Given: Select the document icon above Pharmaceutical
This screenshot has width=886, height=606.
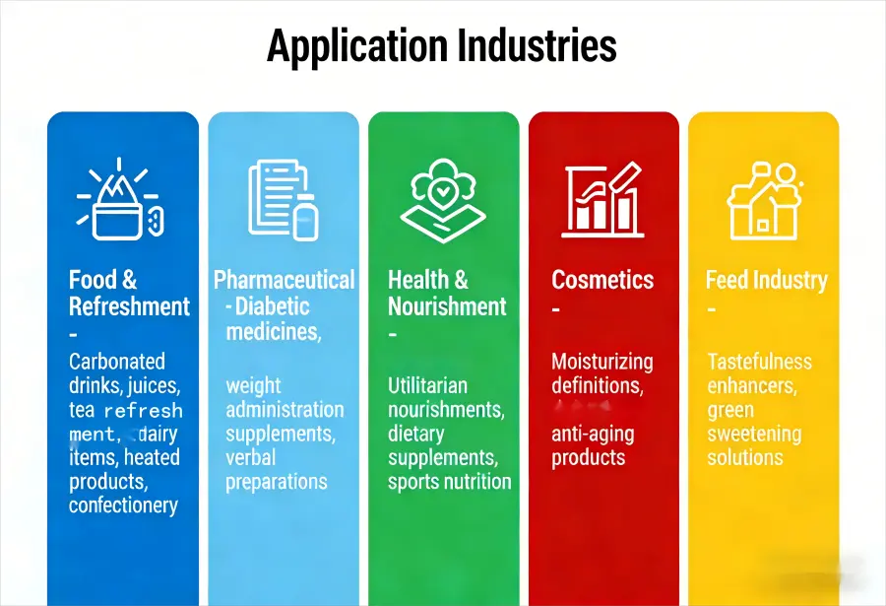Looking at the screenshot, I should pos(283,199).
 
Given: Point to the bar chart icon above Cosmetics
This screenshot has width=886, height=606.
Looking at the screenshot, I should pos(602,199).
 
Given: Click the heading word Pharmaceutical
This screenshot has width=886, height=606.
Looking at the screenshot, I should pos(285,280).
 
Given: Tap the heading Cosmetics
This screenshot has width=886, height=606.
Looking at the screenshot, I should pos(602,280).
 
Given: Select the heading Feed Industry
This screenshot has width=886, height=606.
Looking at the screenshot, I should pos(767,280).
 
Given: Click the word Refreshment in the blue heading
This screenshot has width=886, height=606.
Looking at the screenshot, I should pos(129,306).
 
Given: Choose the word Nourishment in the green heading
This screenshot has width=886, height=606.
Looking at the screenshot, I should pos(447,306).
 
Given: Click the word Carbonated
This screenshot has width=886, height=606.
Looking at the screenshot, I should pos(117,362).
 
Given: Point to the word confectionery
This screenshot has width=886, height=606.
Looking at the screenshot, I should pos(123,505).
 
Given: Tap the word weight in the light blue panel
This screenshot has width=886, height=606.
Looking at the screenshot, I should pos(253,385).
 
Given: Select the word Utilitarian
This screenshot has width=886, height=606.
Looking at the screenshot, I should pos(427,385).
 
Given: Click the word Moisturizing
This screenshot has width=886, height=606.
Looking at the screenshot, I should pos(601,362).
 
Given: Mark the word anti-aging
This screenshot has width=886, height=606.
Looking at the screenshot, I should pos(593,434).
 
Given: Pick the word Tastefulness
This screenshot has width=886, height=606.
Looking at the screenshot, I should pos(759,362).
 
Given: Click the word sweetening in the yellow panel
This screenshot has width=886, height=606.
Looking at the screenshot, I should pos(754,434).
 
